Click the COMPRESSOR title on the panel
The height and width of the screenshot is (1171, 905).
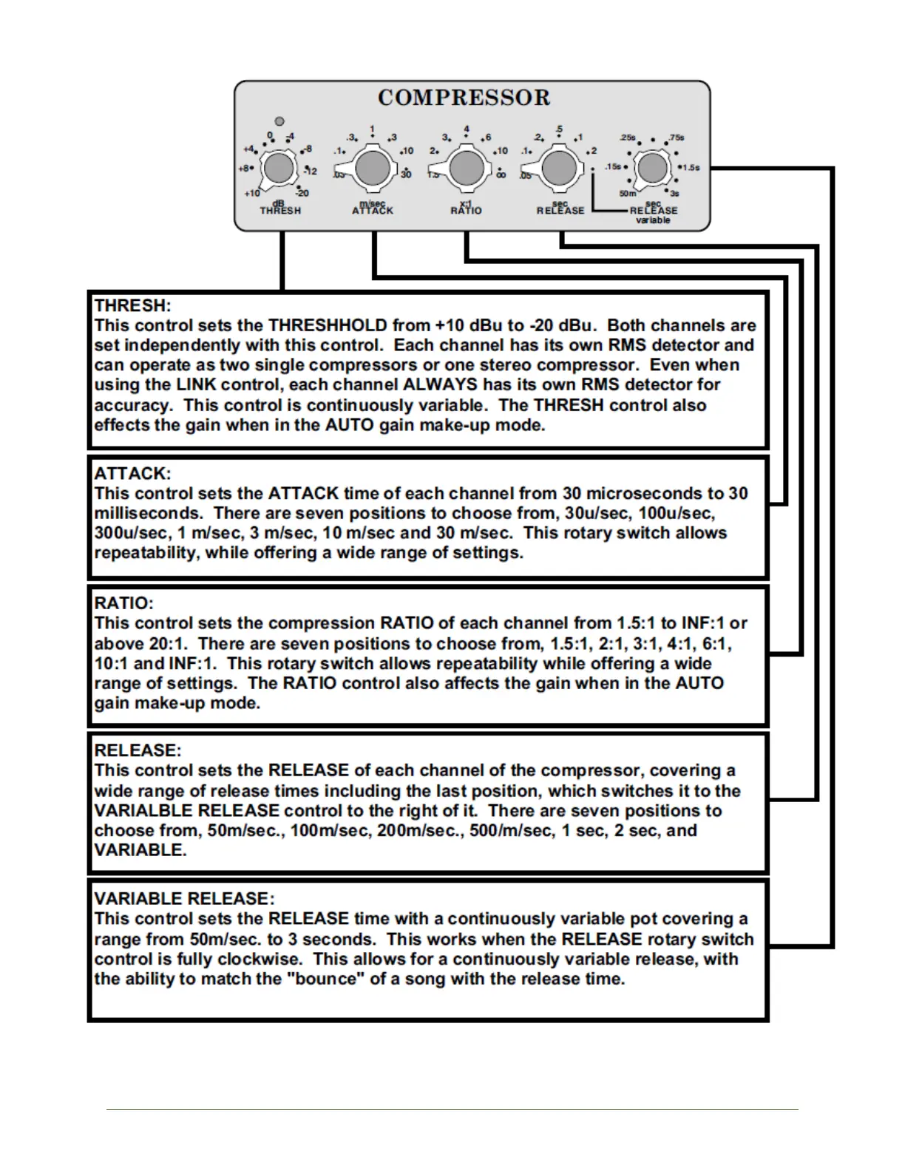[464, 98]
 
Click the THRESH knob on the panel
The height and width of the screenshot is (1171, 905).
[279, 169]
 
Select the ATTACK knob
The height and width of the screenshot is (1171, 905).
[373, 169]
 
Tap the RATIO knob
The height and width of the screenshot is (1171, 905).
[467, 169]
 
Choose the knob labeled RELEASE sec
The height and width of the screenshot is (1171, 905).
[560, 169]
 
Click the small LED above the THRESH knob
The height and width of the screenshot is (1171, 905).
[279, 121]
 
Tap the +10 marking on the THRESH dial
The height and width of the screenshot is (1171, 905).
[252, 194]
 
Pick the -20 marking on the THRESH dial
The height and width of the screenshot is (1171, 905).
[303, 194]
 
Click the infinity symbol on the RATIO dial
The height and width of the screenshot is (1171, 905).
[501, 175]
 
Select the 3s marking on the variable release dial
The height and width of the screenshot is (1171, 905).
[674, 194]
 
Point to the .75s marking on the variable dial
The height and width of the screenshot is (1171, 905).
[676, 138]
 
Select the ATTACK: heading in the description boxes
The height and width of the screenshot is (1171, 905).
[132, 473]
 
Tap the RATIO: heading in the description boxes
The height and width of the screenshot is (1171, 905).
[124, 603]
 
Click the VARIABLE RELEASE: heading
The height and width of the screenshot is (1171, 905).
[184, 899]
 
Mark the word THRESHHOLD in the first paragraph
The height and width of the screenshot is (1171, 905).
[328, 325]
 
